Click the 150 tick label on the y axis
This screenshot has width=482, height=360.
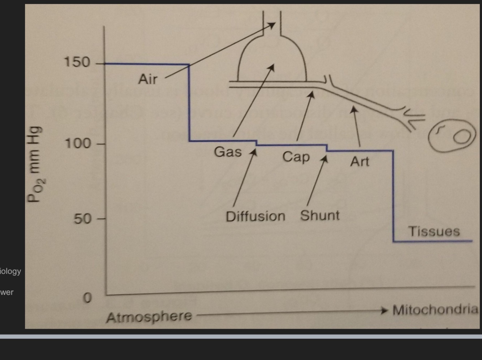[x=77, y=62]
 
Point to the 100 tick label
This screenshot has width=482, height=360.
[x=77, y=144]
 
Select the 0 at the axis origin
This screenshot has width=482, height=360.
[x=87, y=298]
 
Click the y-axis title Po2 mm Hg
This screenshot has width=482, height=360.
[x=36, y=164]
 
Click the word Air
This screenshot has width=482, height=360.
[x=147, y=79]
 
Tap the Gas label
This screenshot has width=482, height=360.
[x=228, y=152]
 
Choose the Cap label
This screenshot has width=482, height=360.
[x=296, y=157]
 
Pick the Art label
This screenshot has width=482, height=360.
[x=360, y=161]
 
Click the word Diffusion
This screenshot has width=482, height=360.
[x=255, y=217]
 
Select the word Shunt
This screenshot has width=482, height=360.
[x=320, y=216]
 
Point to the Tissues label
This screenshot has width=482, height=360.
[x=434, y=231]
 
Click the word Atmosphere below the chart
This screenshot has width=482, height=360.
[x=149, y=317]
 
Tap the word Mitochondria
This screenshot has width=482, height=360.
[x=435, y=310]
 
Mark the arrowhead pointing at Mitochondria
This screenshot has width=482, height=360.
[x=385, y=310]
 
